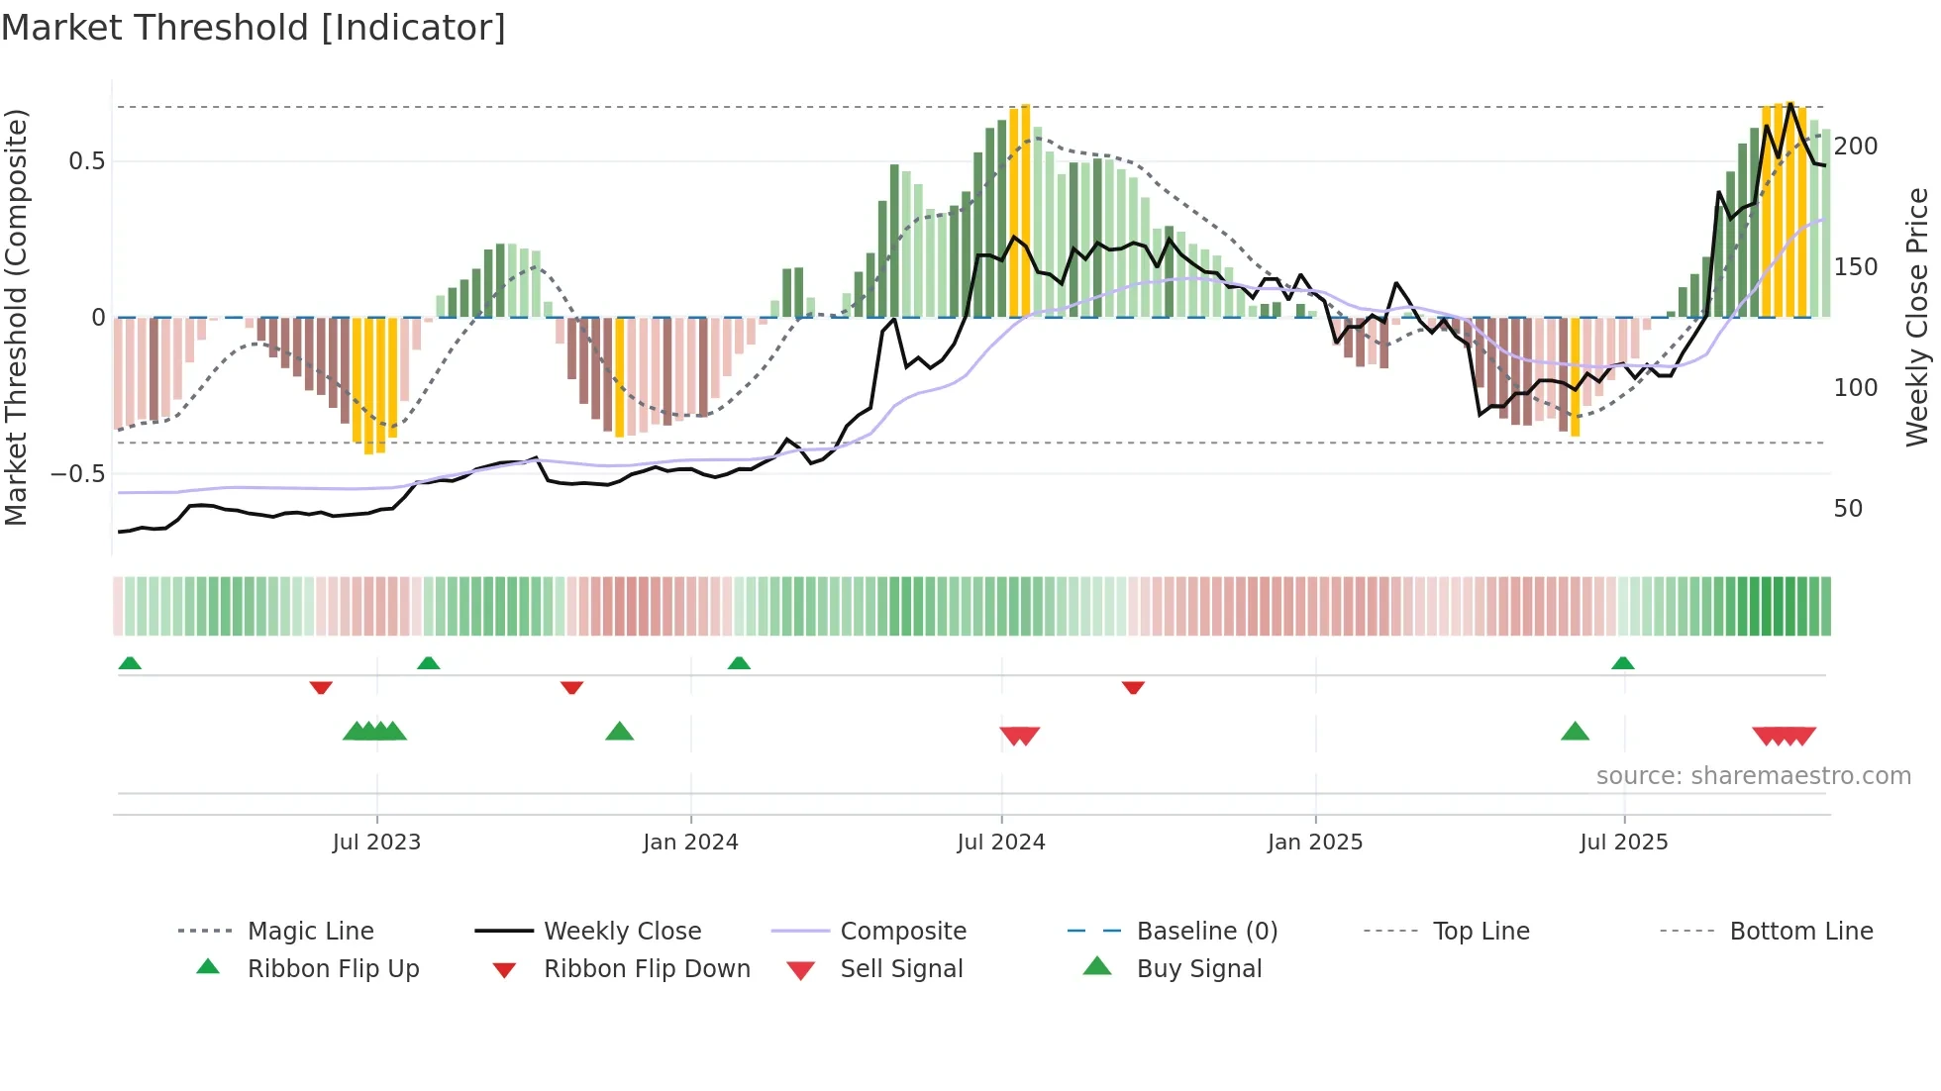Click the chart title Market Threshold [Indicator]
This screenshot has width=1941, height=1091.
click(254, 28)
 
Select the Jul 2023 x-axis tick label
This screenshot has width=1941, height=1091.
click(376, 843)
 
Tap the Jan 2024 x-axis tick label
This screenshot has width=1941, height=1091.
click(690, 843)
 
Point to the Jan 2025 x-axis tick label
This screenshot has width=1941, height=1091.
click(1315, 843)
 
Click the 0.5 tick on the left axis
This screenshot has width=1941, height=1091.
click(87, 161)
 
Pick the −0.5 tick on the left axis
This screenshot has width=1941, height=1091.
click(79, 474)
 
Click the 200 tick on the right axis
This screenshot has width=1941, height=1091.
click(1855, 147)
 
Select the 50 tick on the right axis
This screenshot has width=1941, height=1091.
click(1848, 509)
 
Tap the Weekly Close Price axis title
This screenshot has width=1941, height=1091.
click(1917, 317)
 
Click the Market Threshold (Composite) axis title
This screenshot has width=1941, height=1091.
click(16, 317)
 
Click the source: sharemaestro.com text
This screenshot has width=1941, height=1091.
click(1753, 776)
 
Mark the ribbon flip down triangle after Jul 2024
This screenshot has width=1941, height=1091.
click(1133, 687)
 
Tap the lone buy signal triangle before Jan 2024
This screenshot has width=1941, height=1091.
click(619, 732)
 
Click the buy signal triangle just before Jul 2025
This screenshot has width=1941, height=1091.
click(1575, 732)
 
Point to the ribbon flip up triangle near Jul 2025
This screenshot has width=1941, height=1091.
click(1622, 663)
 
